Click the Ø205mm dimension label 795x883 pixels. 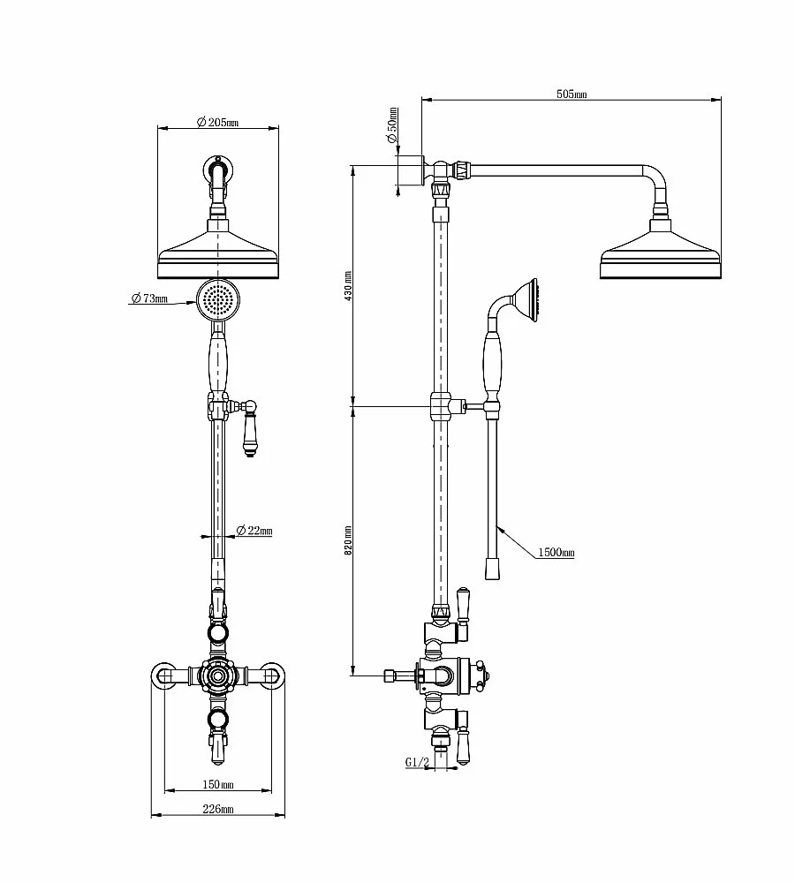tap(217, 122)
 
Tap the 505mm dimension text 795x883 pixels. tap(572, 94)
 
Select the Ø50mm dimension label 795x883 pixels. tap(391, 125)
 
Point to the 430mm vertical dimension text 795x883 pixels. tap(348, 285)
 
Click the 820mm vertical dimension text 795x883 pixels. tap(348, 540)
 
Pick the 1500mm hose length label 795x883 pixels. tap(556, 553)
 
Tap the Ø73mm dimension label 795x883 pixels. tap(149, 298)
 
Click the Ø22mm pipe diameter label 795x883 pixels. tap(254, 531)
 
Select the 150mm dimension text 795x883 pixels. tap(218, 784)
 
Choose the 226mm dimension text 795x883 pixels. tap(218, 809)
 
